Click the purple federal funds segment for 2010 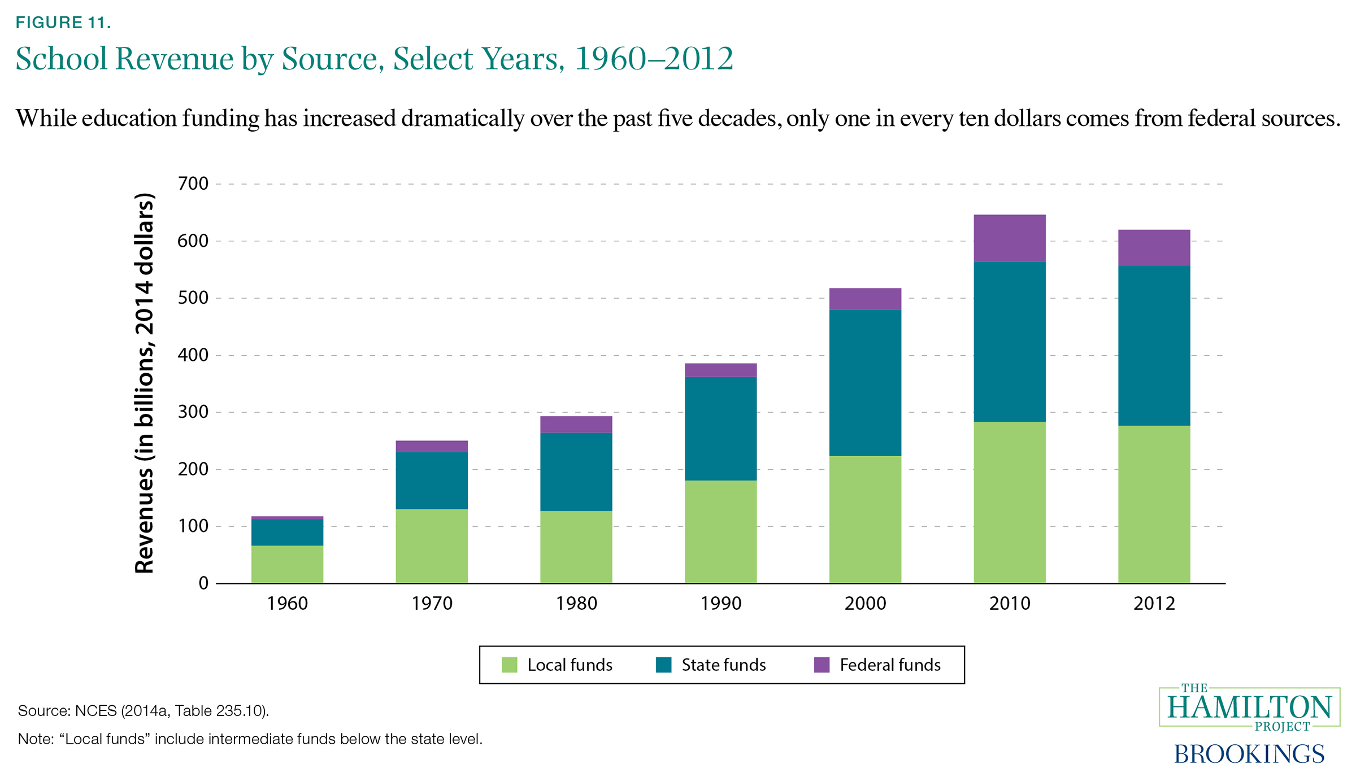coord(1009,238)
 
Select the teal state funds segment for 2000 coord(865,383)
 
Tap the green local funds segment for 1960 coord(287,564)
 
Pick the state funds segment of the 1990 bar coord(720,429)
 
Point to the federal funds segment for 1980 coord(576,425)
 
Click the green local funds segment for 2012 coord(1154,504)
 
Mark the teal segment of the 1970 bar coord(432,481)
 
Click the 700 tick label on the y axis coord(193,184)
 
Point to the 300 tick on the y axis coord(193,412)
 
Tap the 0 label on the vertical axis coord(203,583)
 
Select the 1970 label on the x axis coord(432,604)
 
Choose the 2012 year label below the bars coord(1154,604)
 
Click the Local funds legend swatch coord(510,665)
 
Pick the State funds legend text coord(723,665)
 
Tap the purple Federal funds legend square coord(822,665)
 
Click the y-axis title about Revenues coord(145,384)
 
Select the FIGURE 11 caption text coord(63,23)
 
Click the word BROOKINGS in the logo coord(1249,754)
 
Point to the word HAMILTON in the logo coord(1249,708)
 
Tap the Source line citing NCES coord(144,710)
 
